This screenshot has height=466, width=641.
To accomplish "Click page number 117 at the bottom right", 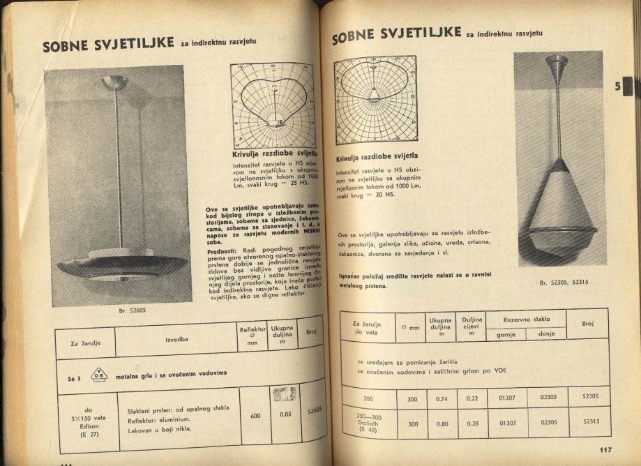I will (x=605, y=449).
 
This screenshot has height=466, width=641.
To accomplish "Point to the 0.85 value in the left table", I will (x=284, y=412).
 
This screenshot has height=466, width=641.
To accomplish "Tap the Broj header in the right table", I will (x=587, y=323).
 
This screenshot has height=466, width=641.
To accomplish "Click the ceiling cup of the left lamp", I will (x=115, y=83).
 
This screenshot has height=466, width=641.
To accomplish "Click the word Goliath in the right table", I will (x=368, y=423).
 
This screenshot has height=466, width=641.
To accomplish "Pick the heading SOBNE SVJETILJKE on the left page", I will (x=108, y=45).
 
